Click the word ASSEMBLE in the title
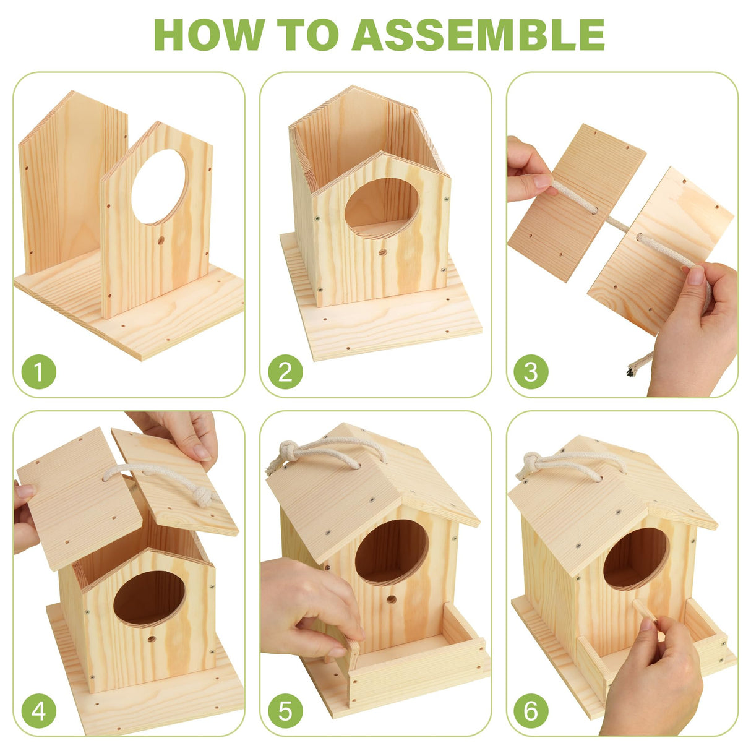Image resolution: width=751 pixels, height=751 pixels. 478,35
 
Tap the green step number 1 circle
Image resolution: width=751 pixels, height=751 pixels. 38,372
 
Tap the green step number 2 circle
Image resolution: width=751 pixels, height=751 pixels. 285,372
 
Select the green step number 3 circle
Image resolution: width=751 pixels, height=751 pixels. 531,372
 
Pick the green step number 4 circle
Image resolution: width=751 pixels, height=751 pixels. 38,711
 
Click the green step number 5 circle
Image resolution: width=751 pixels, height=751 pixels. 285,711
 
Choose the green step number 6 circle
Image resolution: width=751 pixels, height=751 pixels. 531,711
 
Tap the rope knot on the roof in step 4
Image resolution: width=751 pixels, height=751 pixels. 203,496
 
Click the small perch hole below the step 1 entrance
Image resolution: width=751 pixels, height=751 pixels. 161,239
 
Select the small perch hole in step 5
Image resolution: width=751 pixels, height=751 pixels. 391,599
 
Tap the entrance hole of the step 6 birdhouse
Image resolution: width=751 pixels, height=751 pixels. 636,558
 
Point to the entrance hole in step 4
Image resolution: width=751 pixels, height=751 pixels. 149,598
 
